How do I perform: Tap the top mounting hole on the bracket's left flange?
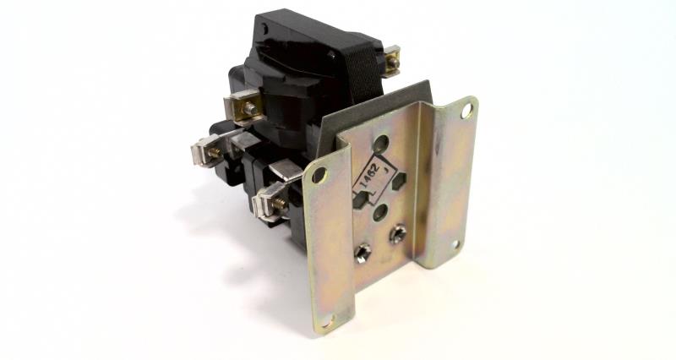pos(318,176)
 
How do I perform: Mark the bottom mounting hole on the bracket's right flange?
pos(455,244)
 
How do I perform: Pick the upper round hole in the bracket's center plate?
pos(380,144)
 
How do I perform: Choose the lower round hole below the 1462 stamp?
pos(379,214)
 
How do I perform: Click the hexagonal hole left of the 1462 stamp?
pos(362,201)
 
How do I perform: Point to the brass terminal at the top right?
pos(391,62)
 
